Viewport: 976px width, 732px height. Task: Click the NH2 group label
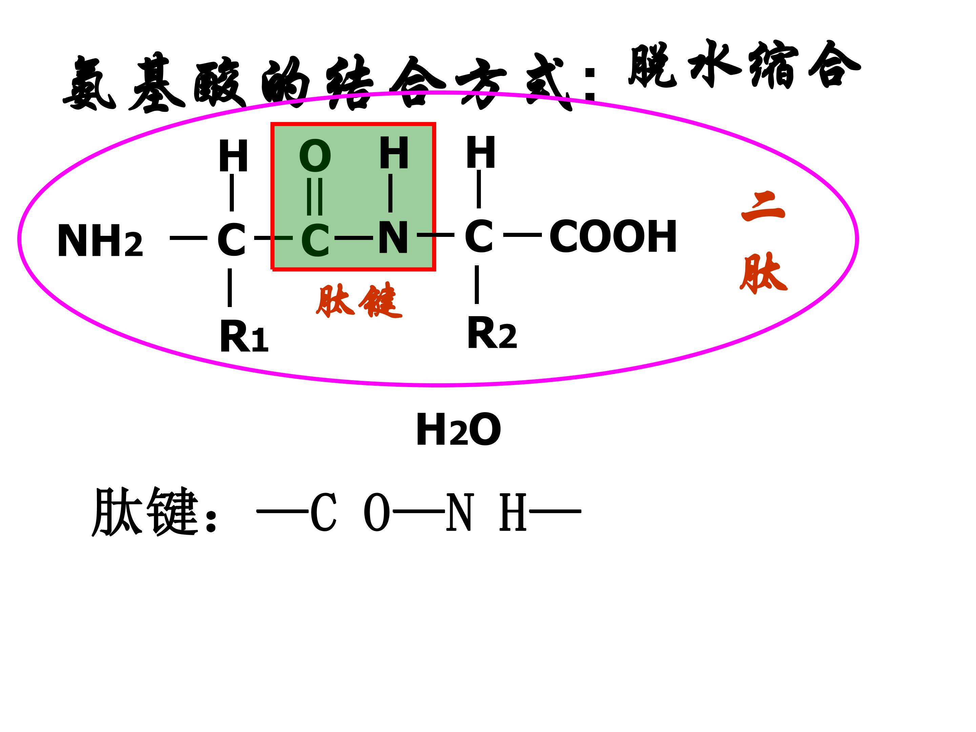(x=100, y=241)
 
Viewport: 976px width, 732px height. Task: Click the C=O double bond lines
(x=314, y=196)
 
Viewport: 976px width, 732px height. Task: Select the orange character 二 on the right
(x=763, y=207)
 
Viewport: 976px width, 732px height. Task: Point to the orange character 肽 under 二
(x=763, y=273)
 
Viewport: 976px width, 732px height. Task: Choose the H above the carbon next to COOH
(x=481, y=152)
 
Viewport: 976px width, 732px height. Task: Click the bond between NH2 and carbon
(x=188, y=238)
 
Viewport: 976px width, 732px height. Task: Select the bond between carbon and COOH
(x=523, y=235)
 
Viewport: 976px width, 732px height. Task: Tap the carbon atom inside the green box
(x=315, y=241)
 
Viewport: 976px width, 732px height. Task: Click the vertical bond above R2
(x=476, y=285)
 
